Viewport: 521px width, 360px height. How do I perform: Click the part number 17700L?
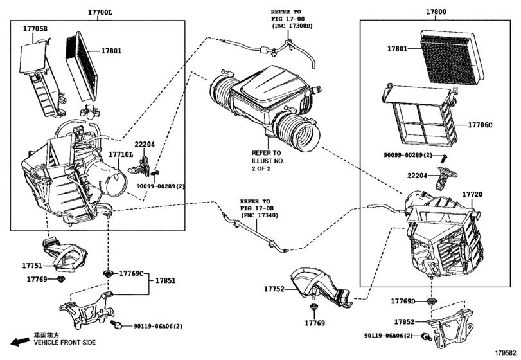[101, 12]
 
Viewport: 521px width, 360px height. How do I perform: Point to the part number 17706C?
[480, 125]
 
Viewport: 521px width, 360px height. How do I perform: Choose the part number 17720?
[472, 194]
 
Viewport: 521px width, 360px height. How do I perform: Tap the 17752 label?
[272, 289]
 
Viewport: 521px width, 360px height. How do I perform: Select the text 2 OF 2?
[262, 170]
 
